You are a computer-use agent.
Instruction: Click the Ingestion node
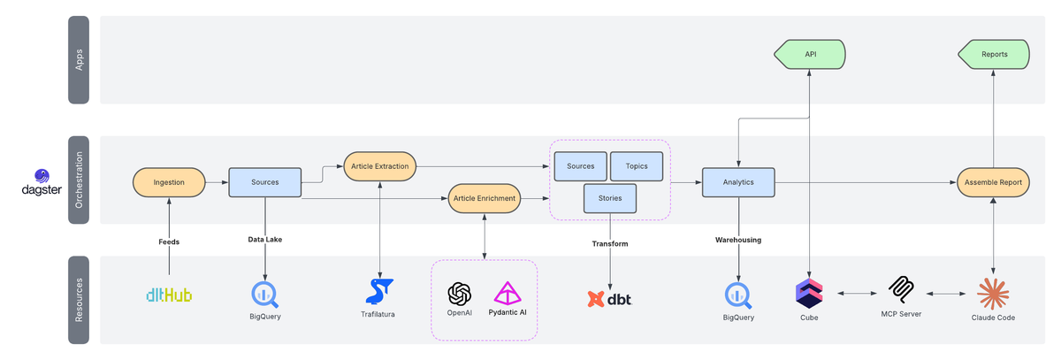point(169,182)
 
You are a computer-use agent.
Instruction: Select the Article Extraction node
point(380,165)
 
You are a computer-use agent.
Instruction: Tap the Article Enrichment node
point(485,198)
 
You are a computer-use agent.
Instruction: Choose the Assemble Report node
point(993,182)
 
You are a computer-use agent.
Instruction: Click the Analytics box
point(738,182)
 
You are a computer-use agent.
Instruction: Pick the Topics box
point(637,165)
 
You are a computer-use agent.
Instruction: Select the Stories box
point(611,198)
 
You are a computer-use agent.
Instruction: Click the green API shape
point(809,54)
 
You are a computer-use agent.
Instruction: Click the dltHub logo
point(169,295)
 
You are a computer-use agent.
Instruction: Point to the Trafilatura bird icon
point(379,291)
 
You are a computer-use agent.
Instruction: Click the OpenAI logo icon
point(460,293)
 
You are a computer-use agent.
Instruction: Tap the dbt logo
point(610,299)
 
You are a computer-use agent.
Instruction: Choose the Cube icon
point(809,291)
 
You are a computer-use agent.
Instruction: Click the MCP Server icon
point(901,289)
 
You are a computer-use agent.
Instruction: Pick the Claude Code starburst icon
point(993,292)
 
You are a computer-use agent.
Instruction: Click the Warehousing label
point(738,240)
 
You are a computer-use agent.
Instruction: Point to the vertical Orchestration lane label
point(79,180)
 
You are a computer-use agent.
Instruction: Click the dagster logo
point(42,183)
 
